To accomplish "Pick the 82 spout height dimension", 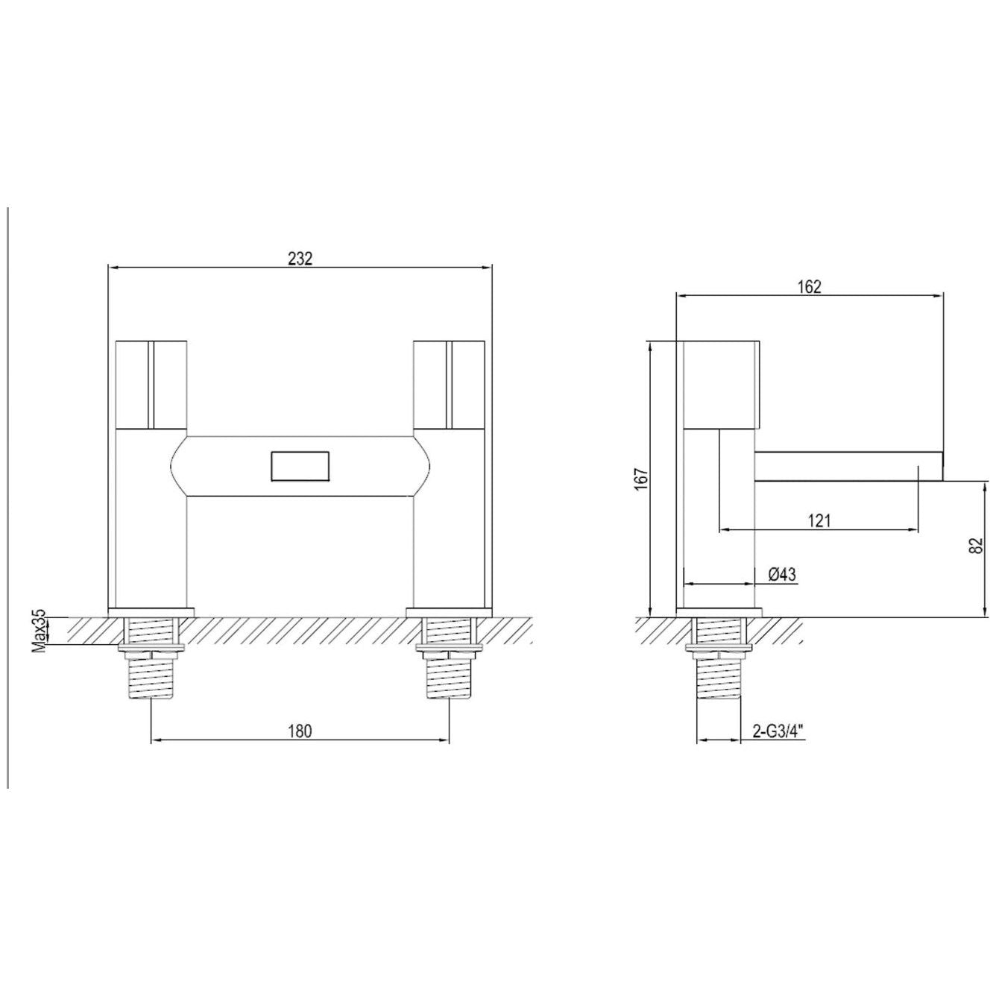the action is (975, 546).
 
